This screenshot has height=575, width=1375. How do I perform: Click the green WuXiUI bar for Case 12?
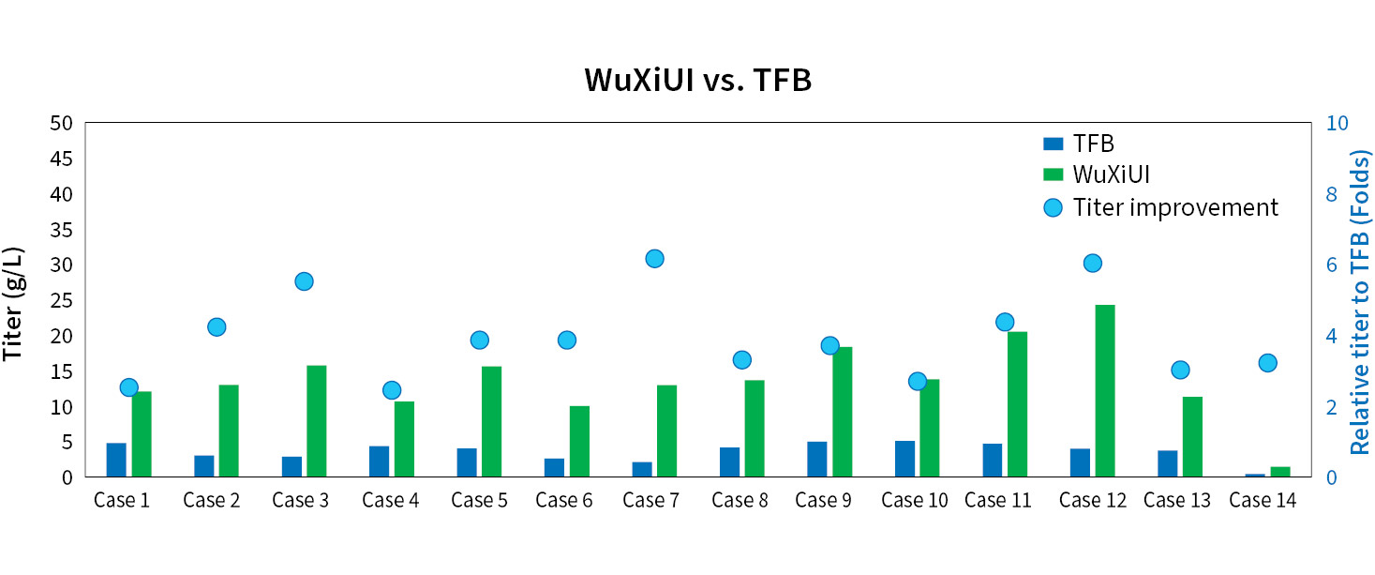(x=1105, y=391)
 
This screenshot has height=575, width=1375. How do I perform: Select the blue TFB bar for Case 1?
(x=116, y=460)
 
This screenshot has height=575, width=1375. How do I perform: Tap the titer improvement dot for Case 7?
(x=654, y=259)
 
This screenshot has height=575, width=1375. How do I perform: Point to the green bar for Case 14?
(x=1280, y=472)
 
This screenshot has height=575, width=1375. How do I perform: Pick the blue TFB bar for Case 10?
(x=904, y=459)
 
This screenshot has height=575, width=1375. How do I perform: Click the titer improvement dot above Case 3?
(x=304, y=281)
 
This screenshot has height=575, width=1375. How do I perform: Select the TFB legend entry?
(x=1078, y=144)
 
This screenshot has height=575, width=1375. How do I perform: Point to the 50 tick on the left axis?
(x=62, y=124)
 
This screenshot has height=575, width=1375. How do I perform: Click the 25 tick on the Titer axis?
(x=62, y=301)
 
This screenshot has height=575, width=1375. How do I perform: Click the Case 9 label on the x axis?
(x=823, y=501)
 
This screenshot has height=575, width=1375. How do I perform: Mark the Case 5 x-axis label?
(x=479, y=501)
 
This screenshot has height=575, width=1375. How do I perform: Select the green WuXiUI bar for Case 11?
(x=1017, y=404)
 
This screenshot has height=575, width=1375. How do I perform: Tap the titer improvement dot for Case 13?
(x=1180, y=370)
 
